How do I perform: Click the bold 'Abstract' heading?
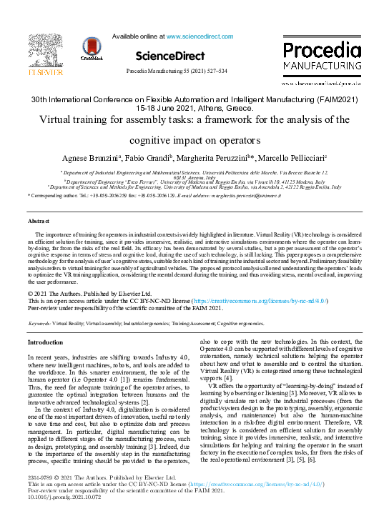coord(39,222)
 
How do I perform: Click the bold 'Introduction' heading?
coord(45,342)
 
